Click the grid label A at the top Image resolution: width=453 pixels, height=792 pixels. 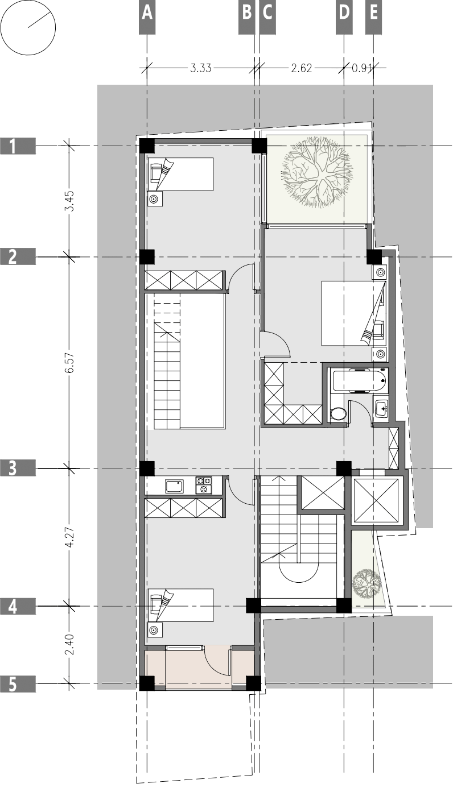(x=147, y=13)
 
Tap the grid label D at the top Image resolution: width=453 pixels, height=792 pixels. (x=344, y=13)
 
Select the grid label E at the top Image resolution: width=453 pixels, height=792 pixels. (x=373, y=13)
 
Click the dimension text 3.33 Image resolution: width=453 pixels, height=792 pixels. (x=200, y=68)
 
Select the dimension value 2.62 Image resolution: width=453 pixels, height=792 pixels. (x=302, y=68)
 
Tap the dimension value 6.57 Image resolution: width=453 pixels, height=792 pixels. (x=69, y=362)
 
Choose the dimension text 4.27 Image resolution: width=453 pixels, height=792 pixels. (x=69, y=537)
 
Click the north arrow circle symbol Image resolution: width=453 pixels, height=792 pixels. (x=28, y=28)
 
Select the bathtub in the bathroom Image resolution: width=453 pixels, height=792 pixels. (x=359, y=380)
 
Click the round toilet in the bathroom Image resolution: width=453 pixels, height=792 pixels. (x=339, y=413)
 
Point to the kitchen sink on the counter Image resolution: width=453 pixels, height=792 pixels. (x=174, y=486)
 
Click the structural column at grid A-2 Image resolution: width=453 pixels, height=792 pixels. (x=147, y=257)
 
